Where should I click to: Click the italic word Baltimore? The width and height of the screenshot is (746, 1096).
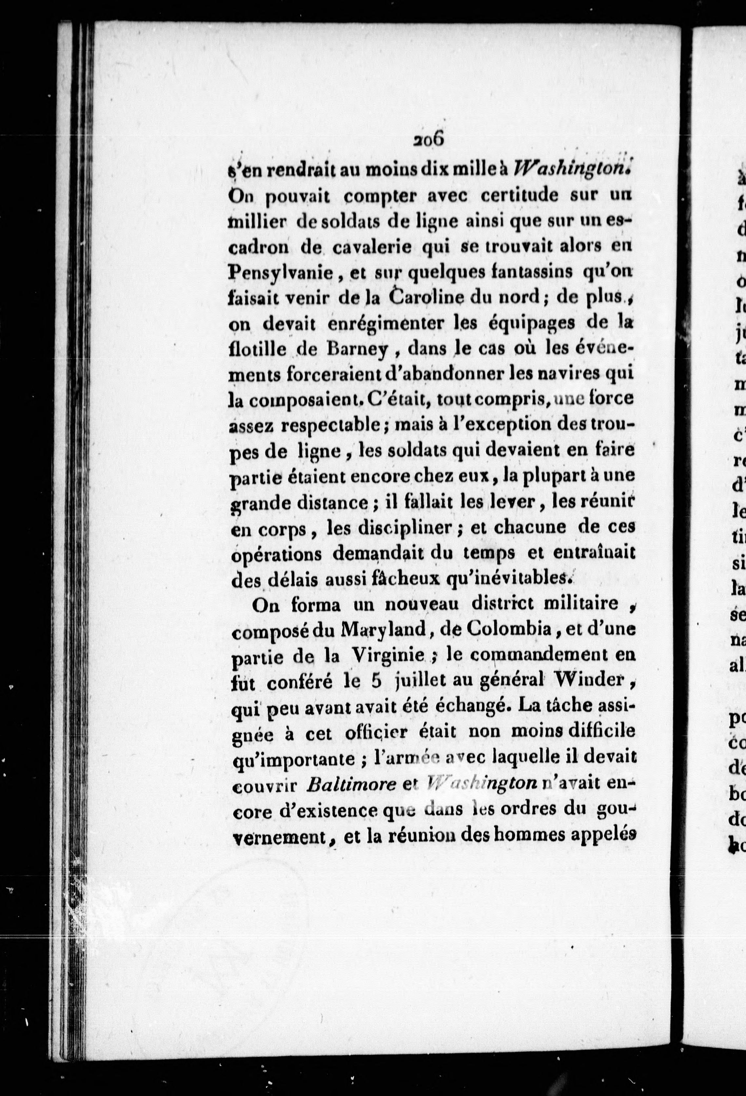click(x=350, y=785)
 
